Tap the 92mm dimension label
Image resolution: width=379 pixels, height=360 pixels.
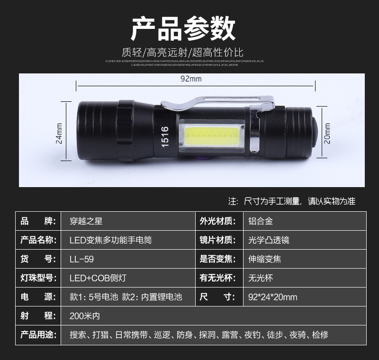191,79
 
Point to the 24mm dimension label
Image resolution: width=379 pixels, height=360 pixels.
59,134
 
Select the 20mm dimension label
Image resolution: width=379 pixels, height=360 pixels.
326,133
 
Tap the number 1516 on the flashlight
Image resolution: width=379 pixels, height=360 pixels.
165,136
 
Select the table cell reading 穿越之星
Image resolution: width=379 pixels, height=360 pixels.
86,221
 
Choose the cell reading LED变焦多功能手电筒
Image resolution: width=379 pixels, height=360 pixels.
110,240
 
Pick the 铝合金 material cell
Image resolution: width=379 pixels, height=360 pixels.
261,221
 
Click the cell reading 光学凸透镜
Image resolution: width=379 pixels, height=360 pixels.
269,240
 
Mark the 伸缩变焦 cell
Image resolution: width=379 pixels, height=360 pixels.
264,259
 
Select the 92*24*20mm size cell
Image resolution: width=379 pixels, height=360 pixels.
272,297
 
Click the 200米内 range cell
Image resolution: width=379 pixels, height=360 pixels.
85,316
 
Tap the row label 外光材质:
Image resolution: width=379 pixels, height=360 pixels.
217,221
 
